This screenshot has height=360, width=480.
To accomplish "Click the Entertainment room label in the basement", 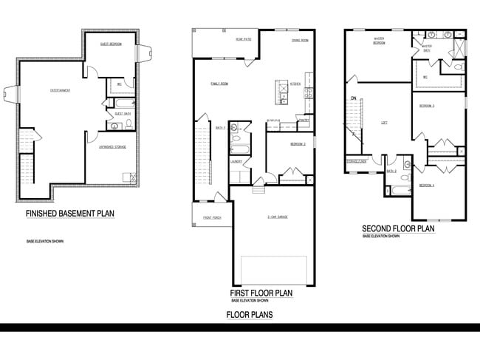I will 61,90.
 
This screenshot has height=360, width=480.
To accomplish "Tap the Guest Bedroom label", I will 111,44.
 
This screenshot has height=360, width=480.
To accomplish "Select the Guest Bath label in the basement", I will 123,113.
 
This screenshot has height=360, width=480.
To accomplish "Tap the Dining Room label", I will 300,40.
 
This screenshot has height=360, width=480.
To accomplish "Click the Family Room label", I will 219,84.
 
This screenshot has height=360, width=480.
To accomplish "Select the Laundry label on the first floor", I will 237,160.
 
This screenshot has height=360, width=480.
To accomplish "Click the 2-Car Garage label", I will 277,217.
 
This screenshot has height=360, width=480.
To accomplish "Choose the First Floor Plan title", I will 261,293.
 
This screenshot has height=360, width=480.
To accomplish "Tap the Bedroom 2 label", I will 298,143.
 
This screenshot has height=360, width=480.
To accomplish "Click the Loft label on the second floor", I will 384,123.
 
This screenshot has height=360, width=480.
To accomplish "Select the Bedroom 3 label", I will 427,106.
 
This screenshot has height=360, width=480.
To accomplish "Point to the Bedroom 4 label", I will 427,185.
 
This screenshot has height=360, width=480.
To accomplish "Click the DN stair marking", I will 354,98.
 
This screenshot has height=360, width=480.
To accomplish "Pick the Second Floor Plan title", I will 398,228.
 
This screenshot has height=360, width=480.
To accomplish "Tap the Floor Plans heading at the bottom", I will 250,315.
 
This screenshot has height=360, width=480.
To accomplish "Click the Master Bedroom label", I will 380,41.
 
